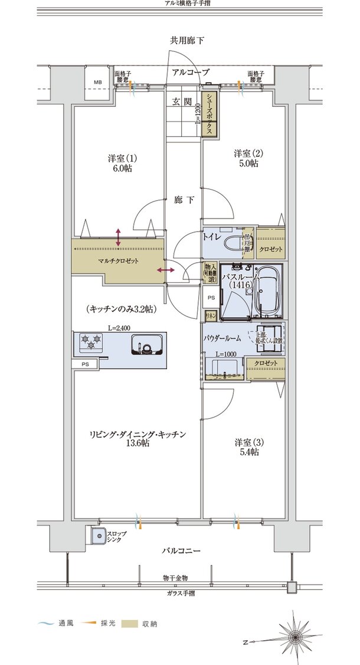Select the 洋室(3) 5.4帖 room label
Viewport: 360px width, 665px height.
[x=246, y=446]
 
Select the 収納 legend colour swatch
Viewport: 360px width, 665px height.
[x=130, y=624]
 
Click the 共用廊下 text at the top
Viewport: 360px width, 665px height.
[x=187, y=41]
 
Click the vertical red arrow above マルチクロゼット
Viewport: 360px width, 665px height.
[x=119, y=237]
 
